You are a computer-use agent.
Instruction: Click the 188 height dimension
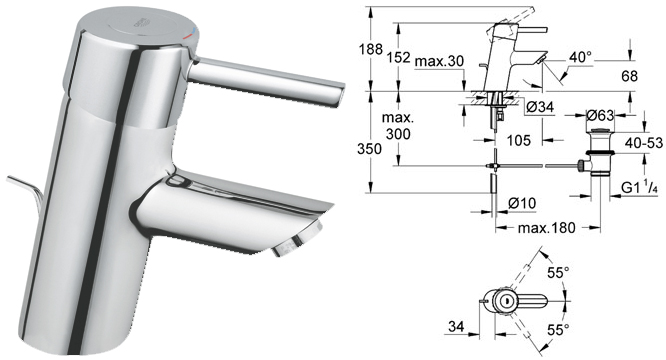[x=371, y=49]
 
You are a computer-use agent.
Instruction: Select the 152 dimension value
[x=399, y=57]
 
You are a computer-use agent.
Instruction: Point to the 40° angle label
[x=580, y=57]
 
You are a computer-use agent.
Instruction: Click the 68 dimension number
[x=629, y=76]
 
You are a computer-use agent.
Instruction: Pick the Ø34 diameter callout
[x=540, y=107]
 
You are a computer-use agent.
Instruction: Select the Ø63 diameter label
[x=600, y=115]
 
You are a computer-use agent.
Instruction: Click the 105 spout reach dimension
[x=519, y=140]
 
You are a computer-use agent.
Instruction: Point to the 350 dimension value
[x=370, y=149]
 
